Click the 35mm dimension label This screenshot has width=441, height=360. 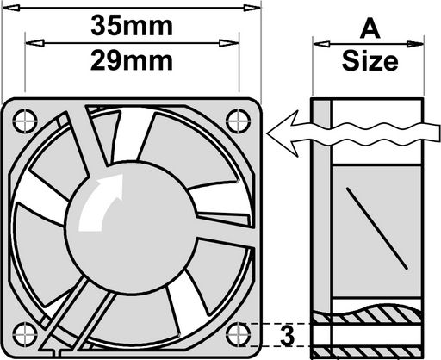132,26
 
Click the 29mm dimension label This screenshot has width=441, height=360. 132,61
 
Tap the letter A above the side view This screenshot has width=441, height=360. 370,29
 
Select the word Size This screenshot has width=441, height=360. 370,61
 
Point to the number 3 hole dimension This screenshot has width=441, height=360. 288,336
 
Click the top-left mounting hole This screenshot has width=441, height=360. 25,121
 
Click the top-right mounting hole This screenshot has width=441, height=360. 239,121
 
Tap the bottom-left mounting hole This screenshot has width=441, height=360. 25,334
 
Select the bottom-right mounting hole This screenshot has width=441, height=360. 239,334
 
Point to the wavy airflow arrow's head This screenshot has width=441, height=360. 283,133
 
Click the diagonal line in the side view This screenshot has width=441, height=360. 376,228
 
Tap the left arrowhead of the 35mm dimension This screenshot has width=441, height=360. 11,8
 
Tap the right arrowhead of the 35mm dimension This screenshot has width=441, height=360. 252,8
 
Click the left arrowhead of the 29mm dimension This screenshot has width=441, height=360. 34,43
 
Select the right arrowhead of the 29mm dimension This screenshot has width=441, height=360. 229,43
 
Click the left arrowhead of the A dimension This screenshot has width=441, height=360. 321,44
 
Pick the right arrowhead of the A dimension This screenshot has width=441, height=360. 415,44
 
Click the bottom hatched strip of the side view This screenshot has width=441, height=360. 367,352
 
